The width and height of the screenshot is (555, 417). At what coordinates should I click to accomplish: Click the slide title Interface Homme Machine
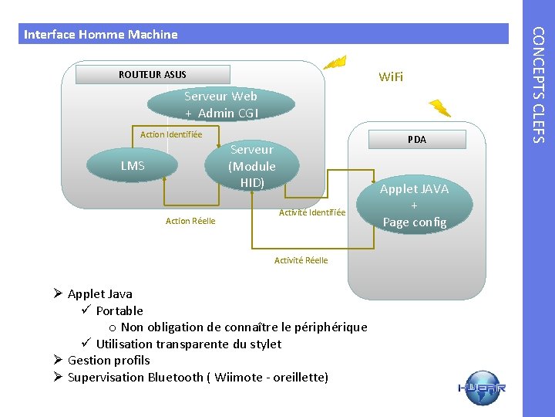101,34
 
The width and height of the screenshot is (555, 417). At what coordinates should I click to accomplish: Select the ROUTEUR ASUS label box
153,74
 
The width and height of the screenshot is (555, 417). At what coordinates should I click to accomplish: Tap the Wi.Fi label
390,77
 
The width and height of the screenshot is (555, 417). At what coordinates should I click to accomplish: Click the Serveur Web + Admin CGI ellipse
221,105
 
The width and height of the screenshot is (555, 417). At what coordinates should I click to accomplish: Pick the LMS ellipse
133,165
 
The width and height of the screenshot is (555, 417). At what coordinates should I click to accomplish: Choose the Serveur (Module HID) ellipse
252,166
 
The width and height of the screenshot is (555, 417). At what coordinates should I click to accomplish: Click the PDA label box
416,140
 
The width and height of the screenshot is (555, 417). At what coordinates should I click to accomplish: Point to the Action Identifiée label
171,134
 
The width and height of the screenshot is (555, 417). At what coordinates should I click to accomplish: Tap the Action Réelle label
190,222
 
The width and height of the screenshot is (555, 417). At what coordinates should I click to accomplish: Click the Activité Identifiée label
312,212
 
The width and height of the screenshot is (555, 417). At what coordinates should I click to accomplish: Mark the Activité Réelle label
301,260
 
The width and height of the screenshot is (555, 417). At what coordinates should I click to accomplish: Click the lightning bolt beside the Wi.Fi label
337,61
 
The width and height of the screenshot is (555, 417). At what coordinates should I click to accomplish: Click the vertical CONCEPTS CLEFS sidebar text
539,85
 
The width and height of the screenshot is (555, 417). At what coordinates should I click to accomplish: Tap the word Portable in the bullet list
119,310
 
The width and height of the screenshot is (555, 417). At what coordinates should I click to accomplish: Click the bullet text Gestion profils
109,361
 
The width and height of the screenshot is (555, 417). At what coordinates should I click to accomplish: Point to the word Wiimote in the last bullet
238,378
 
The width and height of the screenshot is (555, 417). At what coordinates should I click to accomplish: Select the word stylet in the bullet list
265,344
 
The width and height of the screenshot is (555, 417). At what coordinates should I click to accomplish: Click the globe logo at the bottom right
482,388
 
